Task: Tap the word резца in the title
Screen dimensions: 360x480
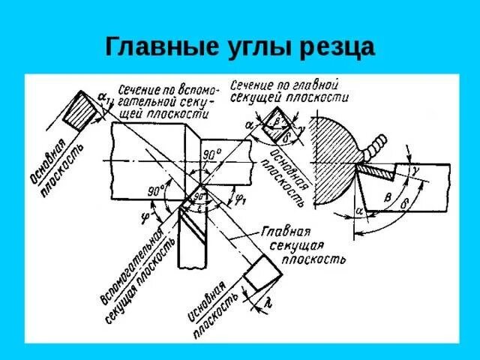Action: tap(337, 48)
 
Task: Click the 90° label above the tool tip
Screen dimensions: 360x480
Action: tap(212, 154)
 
